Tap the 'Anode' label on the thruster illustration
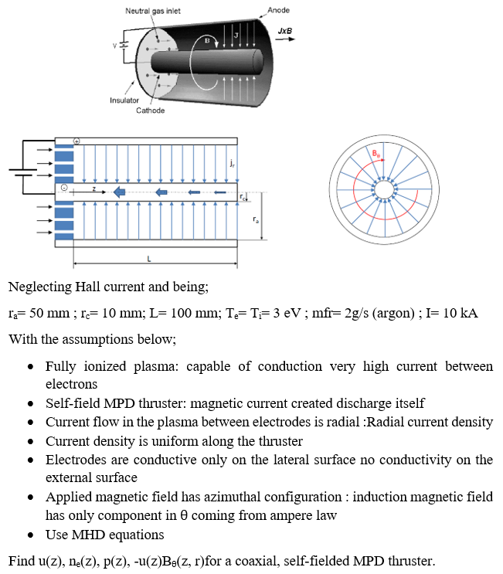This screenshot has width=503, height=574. pos(277,9)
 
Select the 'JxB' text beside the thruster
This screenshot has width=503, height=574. pos(285,30)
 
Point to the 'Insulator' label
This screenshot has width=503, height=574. pos(124,100)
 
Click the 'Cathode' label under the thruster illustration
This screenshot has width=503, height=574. pos(150,110)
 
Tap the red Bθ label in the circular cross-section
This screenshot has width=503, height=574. pos(376,154)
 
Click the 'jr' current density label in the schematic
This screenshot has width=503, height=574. pos(232,164)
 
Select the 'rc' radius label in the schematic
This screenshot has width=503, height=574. pos(244,198)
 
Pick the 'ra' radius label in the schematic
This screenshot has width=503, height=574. pos(256,220)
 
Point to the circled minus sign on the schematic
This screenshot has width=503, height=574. pos(66,188)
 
